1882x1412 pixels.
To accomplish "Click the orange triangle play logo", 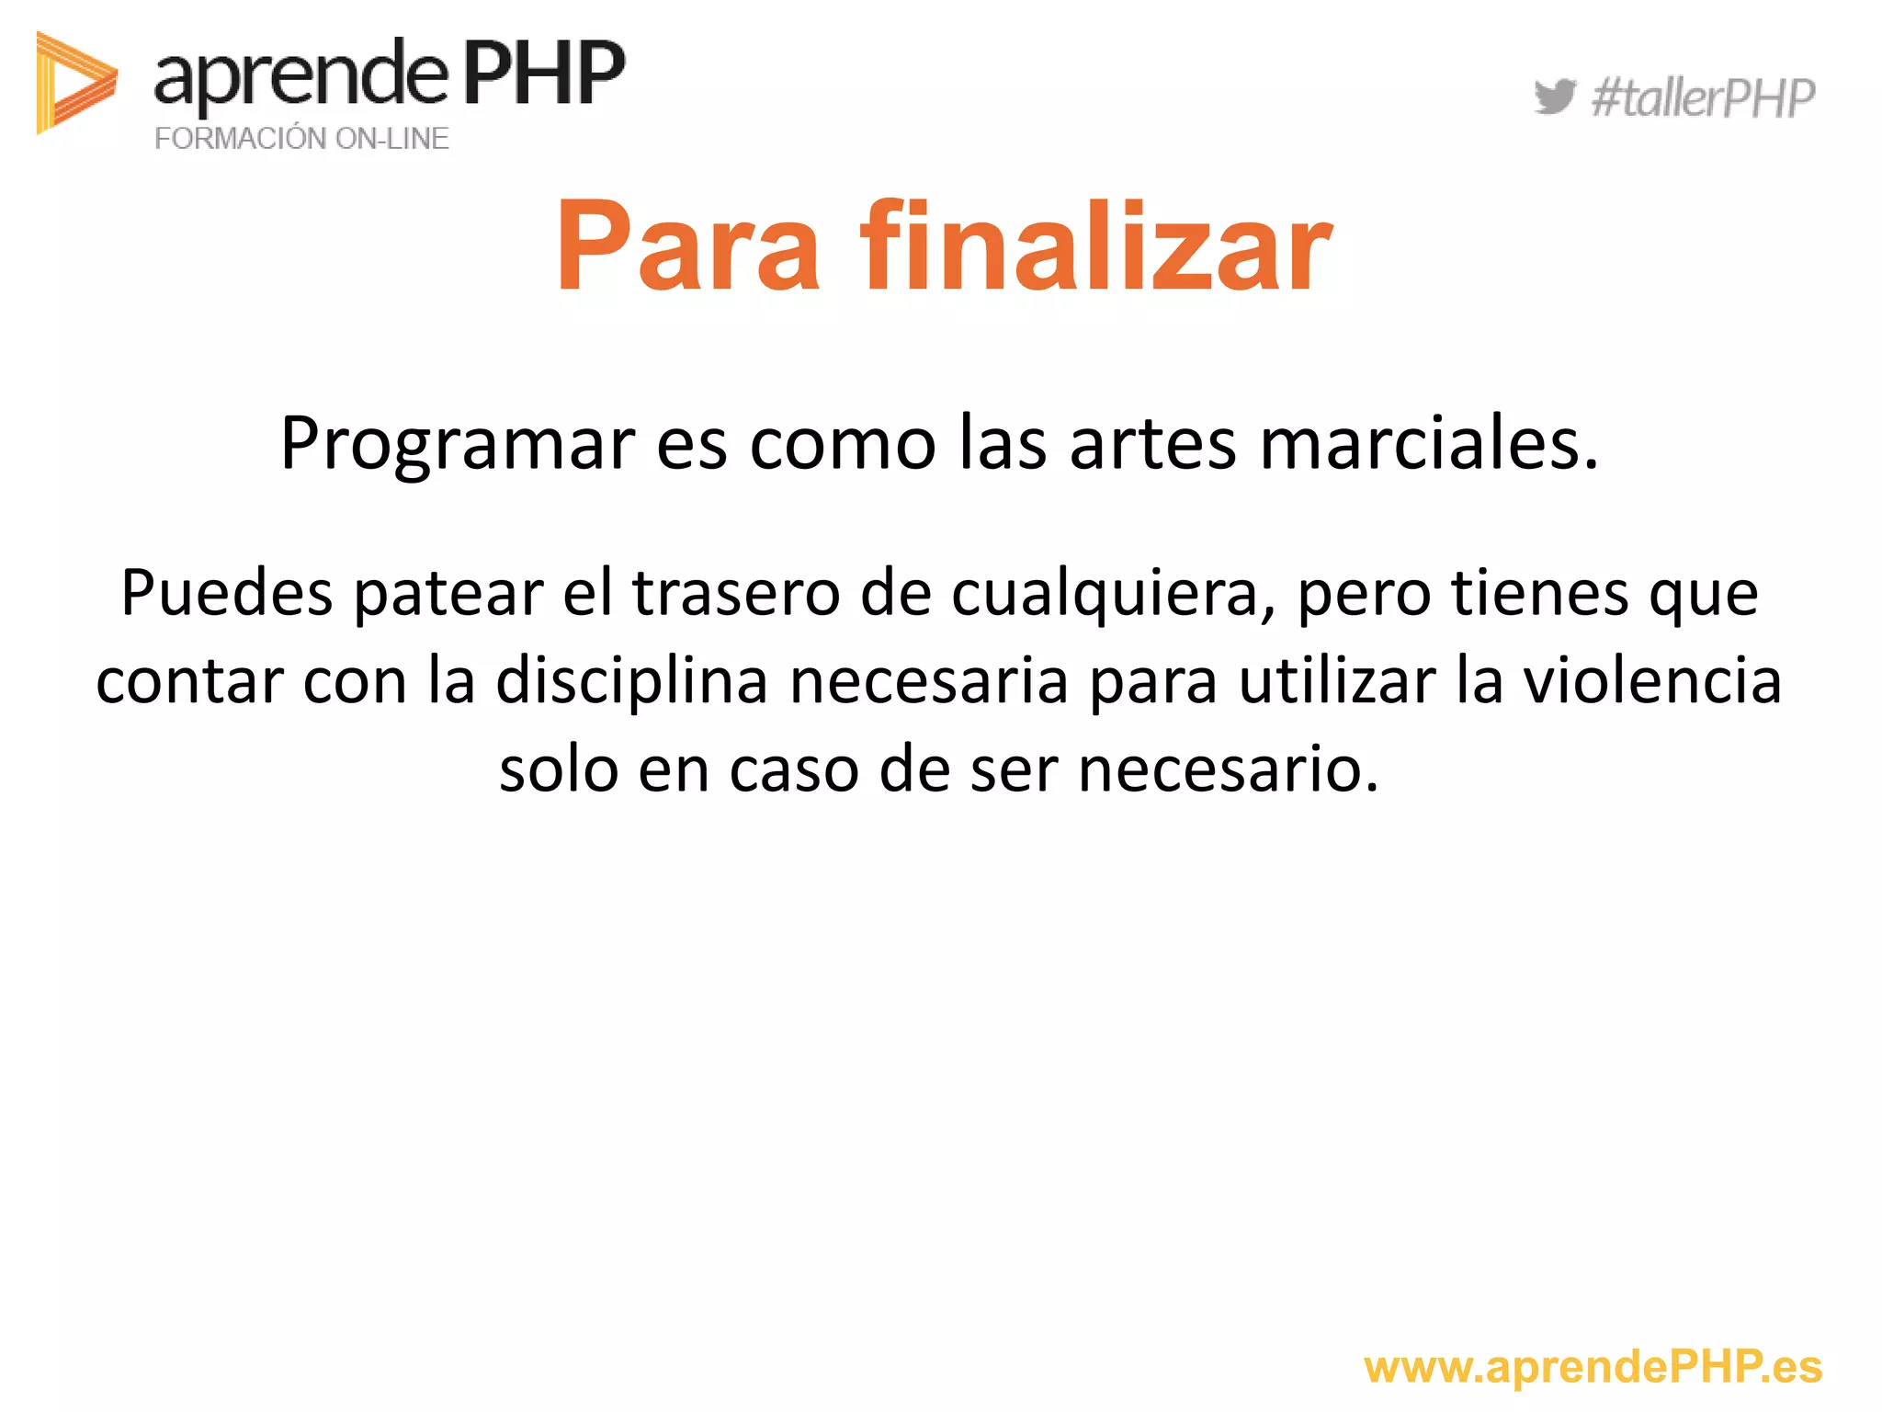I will (74, 83).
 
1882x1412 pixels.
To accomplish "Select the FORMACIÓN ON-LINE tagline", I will (301, 139).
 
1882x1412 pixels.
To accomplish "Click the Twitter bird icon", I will (1554, 97).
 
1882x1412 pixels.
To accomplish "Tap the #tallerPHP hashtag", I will (1703, 98).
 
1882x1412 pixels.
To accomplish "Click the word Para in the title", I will (687, 246).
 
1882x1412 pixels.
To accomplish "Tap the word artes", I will (1153, 444).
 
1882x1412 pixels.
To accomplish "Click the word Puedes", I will (226, 593).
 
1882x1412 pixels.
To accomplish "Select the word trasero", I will (736, 593).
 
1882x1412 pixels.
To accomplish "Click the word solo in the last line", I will (558, 769).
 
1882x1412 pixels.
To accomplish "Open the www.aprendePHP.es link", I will (1593, 1367).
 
